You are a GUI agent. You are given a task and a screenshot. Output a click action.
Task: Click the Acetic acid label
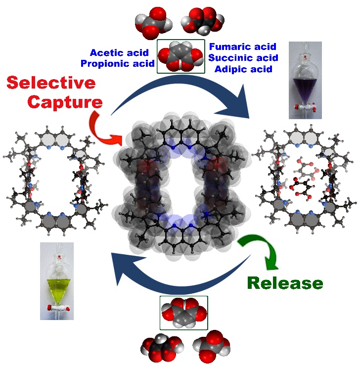119,53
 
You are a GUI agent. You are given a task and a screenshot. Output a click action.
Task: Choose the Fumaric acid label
242,47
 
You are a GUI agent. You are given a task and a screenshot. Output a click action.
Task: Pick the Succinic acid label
243,58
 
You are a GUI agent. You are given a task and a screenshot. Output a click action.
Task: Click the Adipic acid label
243,69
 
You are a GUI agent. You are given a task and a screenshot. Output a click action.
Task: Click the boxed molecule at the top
180,57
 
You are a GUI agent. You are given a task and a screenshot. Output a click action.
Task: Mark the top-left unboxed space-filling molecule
152,22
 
